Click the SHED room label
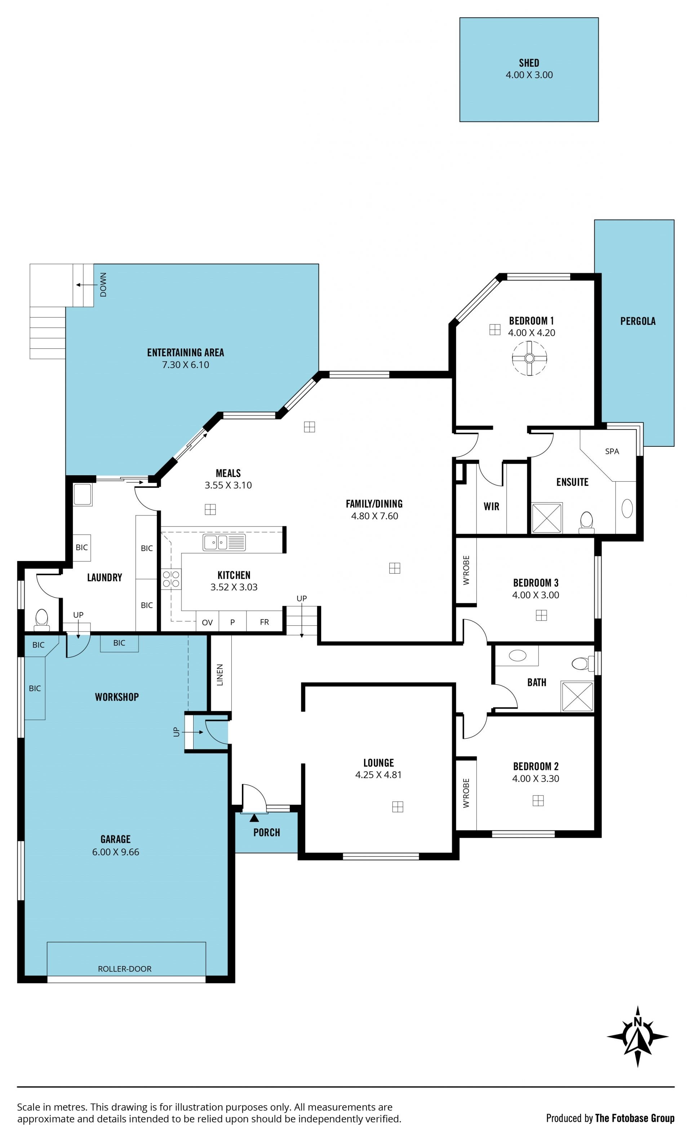coord(529,63)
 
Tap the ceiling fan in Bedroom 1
coord(529,358)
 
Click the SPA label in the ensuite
coord(612,451)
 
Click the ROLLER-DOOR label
coord(125,969)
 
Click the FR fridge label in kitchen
coord(265,622)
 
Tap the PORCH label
coord(267,832)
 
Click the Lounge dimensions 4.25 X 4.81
coord(378,775)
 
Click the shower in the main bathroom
coord(577,696)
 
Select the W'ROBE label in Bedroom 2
coord(466,793)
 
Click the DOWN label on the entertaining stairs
coord(103,285)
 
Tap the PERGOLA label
coord(638,321)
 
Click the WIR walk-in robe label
coord(492,506)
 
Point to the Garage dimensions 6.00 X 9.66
coord(115,852)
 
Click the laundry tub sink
coord(83,494)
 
